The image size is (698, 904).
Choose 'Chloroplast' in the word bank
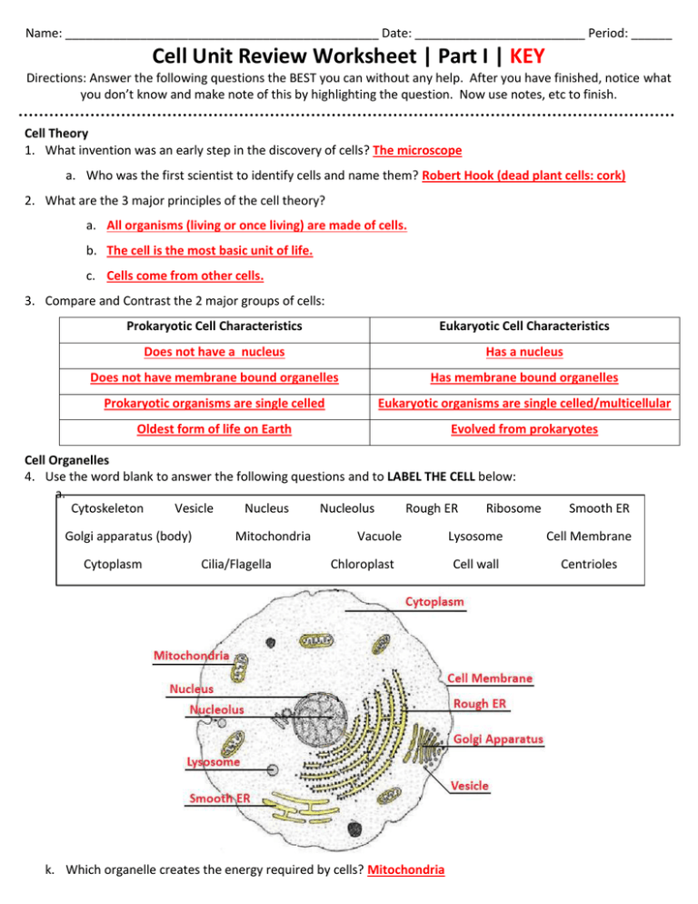point(361,564)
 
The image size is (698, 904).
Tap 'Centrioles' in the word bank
point(588,564)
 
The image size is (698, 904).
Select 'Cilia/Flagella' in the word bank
point(235,564)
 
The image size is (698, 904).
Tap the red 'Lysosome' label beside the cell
point(214,763)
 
